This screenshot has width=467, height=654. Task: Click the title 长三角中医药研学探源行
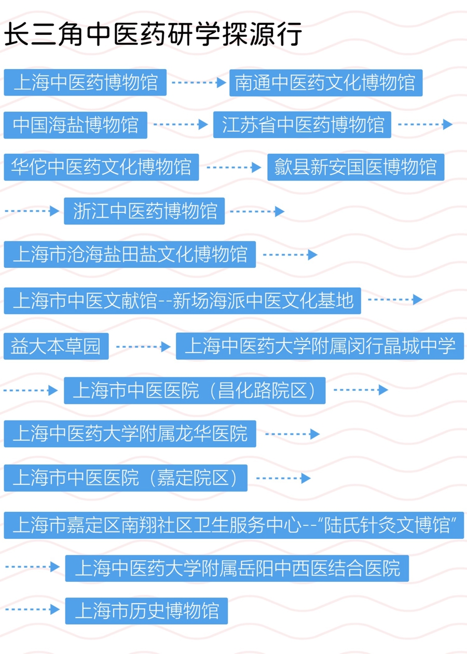[x=153, y=35]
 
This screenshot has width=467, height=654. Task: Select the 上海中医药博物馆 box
[x=85, y=83]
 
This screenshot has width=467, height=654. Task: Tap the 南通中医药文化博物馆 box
[x=326, y=83]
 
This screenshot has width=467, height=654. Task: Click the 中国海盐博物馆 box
[x=75, y=125]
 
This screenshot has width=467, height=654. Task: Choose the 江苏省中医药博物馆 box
[x=302, y=125]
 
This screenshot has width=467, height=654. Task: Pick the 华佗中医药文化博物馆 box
[x=101, y=167]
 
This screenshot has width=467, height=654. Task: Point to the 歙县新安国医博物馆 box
[x=355, y=167]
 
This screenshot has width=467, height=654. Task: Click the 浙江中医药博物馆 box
[x=144, y=211]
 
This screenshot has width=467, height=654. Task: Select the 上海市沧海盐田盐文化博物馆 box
[x=130, y=254]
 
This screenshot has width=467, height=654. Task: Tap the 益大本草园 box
[x=56, y=347]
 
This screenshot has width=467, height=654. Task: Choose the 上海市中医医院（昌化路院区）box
[x=195, y=390]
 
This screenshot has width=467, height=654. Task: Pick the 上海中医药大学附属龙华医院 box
[x=130, y=434]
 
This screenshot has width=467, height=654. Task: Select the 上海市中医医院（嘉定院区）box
[x=126, y=478]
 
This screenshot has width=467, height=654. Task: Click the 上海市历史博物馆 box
[x=146, y=611]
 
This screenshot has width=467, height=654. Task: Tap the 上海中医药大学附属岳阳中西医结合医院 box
[x=237, y=568]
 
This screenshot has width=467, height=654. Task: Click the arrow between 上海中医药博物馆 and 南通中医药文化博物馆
[x=198, y=83]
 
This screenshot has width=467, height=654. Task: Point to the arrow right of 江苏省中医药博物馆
[x=425, y=125]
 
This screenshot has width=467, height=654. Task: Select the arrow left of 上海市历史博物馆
[x=32, y=609]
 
